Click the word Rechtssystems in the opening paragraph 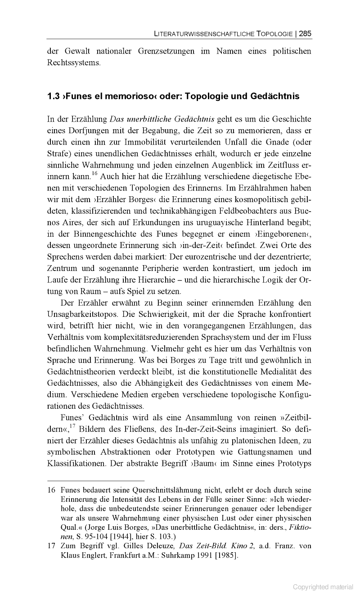click(74, 63)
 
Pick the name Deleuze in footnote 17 click(159, 546)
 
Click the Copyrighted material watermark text click(323, 586)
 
